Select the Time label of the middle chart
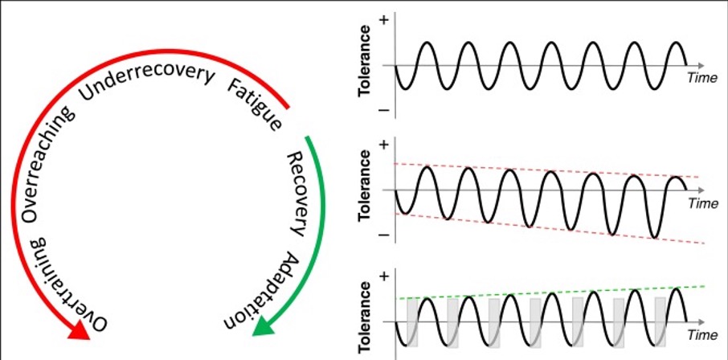pyautogui.click(x=701, y=204)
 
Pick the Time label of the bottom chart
pyautogui.click(x=701, y=333)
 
